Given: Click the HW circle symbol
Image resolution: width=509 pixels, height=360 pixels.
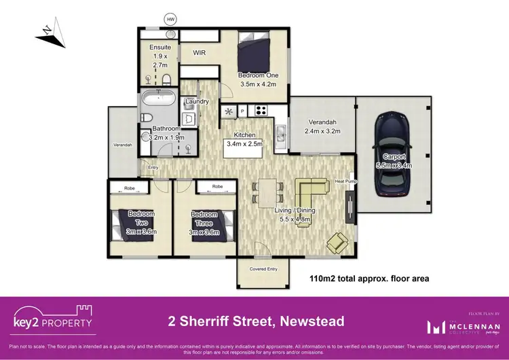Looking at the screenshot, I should (170, 19).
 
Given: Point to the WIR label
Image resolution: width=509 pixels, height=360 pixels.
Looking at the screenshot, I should (200, 52).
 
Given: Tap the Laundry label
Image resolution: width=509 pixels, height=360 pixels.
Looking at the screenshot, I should (196, 102).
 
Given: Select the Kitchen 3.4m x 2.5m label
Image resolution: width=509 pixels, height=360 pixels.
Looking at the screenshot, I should (244, 139).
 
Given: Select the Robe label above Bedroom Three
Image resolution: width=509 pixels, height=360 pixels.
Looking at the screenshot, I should (217, 186).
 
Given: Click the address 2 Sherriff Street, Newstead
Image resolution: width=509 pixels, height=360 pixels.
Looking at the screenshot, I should (256, 321).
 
